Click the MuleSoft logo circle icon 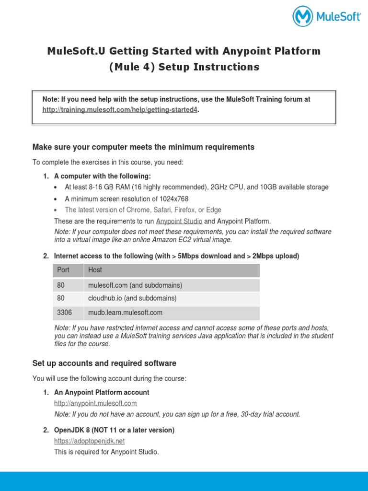[303, 16]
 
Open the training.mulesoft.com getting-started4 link [120, 110]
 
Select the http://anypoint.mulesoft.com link [95, 403]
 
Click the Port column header [63, 270]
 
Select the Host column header [95, 270]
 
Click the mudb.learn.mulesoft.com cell [125, 313]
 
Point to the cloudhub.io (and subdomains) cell [132, 298]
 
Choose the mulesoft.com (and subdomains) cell [135, 285]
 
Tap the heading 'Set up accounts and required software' [104, 363]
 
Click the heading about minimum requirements [143, 147]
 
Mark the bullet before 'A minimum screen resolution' [57, 199]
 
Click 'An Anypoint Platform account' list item [102, 392]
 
